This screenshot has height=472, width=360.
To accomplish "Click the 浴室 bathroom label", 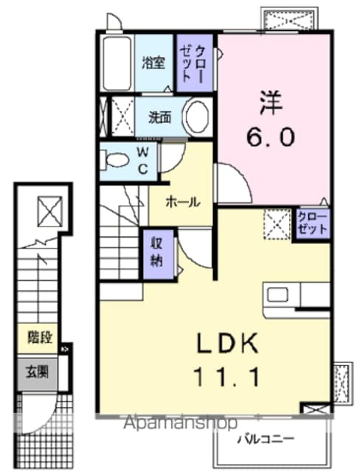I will [x=155, y=62].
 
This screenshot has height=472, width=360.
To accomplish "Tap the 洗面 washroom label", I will [x=160, y=116].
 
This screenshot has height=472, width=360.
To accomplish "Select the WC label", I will [x=143, y=162].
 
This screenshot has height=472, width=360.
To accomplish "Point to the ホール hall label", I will [x=181, y=201].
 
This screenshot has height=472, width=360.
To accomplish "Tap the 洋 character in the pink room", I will [x=270, y=102].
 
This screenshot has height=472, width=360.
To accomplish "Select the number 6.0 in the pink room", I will [x=270, y=136].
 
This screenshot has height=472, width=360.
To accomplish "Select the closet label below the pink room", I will [x=311, y=222].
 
